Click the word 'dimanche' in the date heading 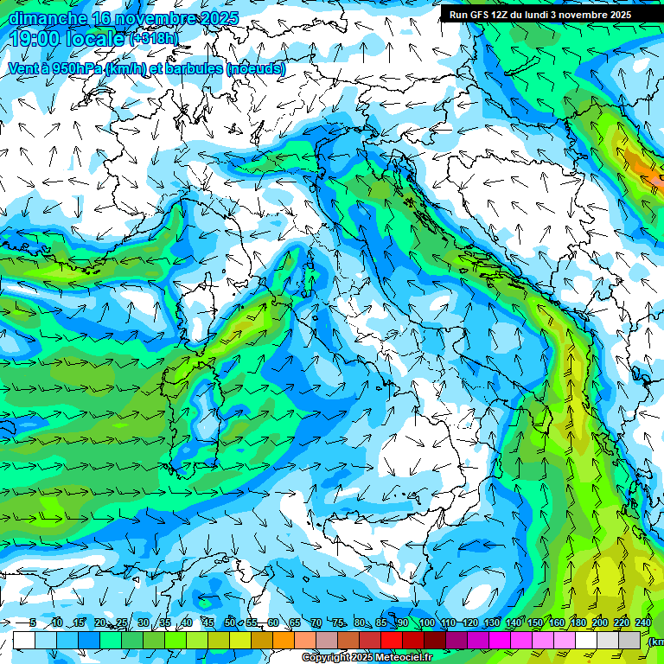pyautogui.click(x=47, y=17)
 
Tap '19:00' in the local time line pyautogui.click(x=35, y=39)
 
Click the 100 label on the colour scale pyautogui.click(x=426, y=623)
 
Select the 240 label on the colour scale pyautogui.click(x=642, y=623)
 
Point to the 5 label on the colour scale pyautogui.click(x=33, y=623)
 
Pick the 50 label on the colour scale pyautogui.click(x=229, y=623)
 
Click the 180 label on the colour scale pyautogui.click(x=578, y=623)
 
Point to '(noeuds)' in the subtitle pyautogui.click(x=255, y=68)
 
